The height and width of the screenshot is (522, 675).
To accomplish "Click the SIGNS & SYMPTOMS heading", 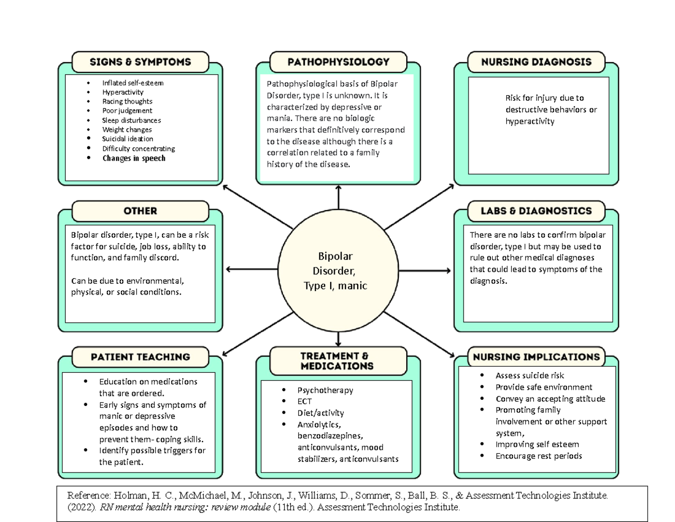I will click(140, 62).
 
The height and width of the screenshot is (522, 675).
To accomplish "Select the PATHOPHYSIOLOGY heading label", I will click(338, 62).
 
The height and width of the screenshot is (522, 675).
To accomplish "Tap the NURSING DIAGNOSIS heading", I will click(536, 62).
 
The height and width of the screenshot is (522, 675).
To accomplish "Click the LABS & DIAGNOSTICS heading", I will click(536, 211).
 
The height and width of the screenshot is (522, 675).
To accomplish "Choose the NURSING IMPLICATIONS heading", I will click(536, 357).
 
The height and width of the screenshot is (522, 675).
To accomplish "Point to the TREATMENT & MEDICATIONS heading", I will click(338, 361).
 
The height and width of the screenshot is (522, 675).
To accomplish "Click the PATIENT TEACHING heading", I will click(140, 357).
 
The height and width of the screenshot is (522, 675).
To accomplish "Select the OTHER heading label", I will click(140, 211).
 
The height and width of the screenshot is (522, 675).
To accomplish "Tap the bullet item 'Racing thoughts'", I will click(127, 101).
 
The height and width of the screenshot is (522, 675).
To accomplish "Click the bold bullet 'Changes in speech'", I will click(134, 158).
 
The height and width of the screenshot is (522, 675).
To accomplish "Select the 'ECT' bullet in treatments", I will click(305, 401).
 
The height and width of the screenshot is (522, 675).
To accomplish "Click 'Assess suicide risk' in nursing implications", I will click(529, 376).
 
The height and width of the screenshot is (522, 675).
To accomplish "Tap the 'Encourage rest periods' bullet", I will click(538, 456).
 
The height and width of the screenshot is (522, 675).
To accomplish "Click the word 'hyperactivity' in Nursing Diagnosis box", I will click(529, 121).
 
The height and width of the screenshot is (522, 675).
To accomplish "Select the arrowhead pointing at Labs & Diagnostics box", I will click(448, 270).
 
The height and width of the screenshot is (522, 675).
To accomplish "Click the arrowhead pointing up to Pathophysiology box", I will click(339, 188).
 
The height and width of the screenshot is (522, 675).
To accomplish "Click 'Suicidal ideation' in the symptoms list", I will click(128, 139).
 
